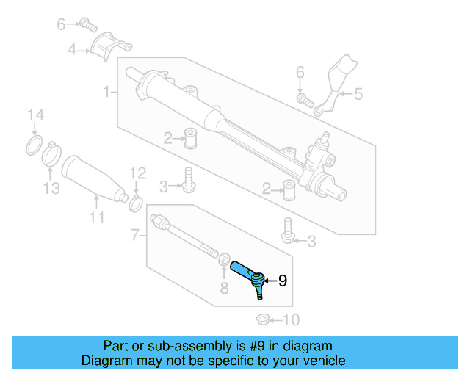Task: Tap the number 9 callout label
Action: click(283, 280)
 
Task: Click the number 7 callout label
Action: click(134, 235)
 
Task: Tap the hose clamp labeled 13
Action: click(51, 153)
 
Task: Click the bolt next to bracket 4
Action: click(88, 24)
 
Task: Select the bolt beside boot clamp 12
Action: click(189, 178)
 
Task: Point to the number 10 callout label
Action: click(292, 319)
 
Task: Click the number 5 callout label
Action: click(358, 93)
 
